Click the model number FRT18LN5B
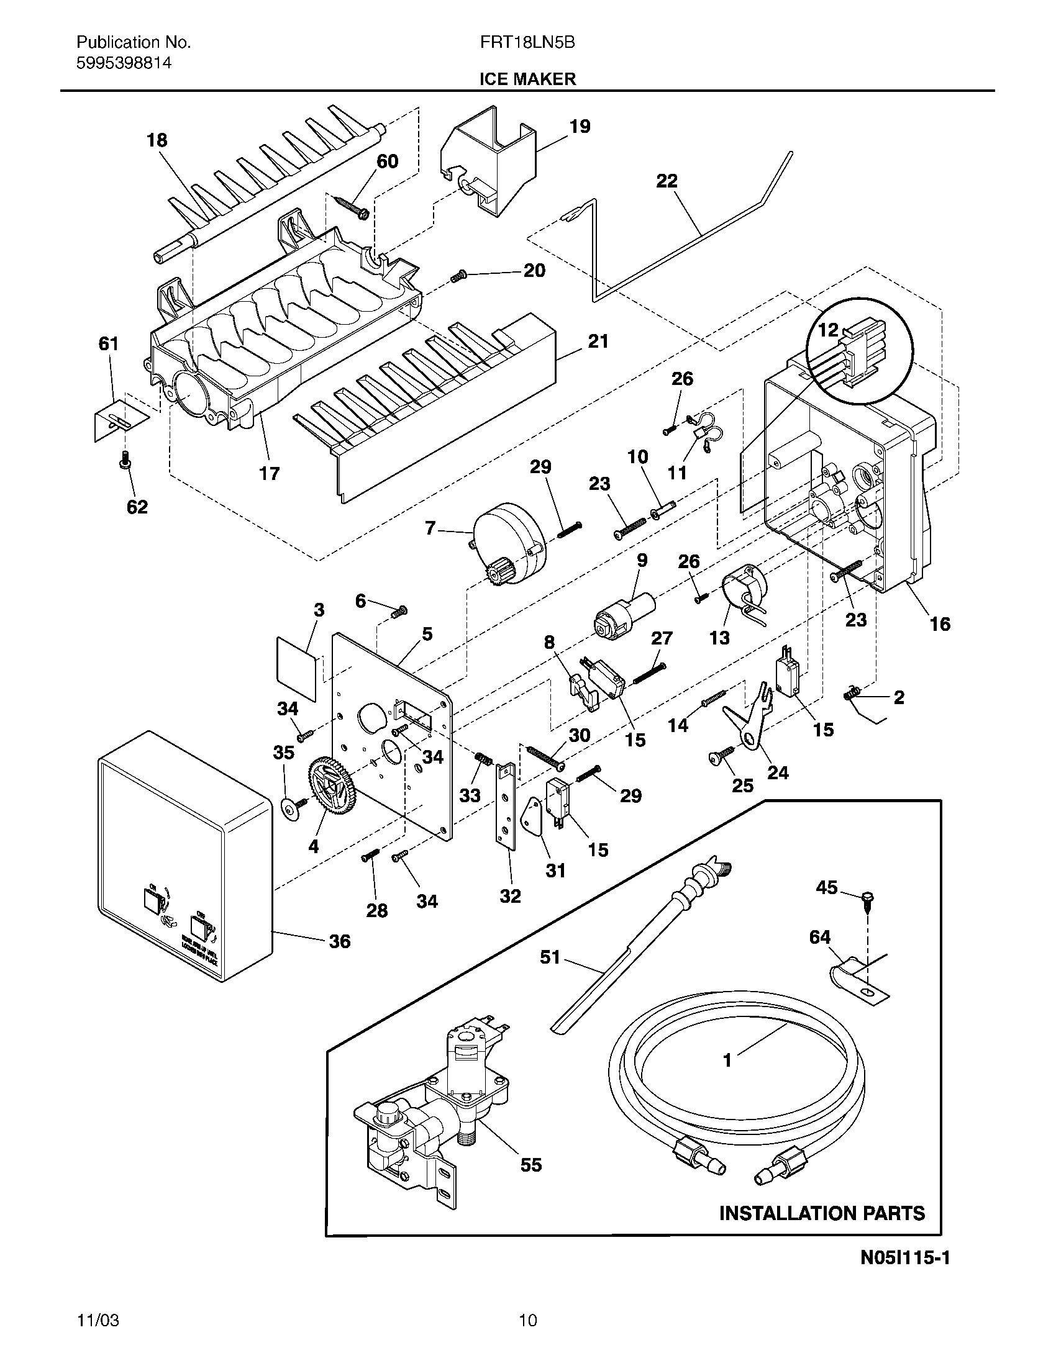point(527,42)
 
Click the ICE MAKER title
point(527,79)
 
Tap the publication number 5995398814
point(124,63)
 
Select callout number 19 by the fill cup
point(580,126)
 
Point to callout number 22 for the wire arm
point(667,181)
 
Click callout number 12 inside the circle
point(827,330)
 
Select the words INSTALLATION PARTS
point(821,1213)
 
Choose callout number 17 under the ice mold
point(269,474)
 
